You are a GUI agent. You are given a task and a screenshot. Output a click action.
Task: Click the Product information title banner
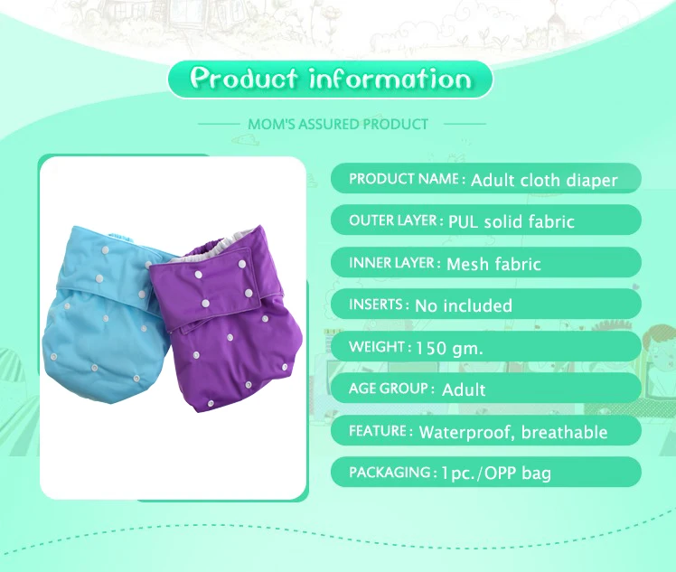[x=330, y=80]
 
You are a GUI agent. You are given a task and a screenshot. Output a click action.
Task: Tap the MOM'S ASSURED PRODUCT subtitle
[x=338, y=123]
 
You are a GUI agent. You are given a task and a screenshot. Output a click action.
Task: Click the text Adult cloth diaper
[x=544, y=180]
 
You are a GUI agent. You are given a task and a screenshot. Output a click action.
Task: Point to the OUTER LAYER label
[x=395, y=220]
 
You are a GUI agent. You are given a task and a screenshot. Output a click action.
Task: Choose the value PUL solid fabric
[x=511, y=221]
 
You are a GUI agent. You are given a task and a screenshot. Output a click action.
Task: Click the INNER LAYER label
[x=394, y=263]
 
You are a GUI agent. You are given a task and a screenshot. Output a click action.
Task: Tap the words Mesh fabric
[x=493, y=264]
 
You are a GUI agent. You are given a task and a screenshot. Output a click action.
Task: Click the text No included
[x=463, y=305]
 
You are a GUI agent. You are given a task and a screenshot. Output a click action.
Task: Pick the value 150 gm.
[x=449, y=347]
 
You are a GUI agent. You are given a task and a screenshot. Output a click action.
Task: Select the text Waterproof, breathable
[x=512, y=432]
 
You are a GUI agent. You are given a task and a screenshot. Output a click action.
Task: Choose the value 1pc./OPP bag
[x=496, y=473]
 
